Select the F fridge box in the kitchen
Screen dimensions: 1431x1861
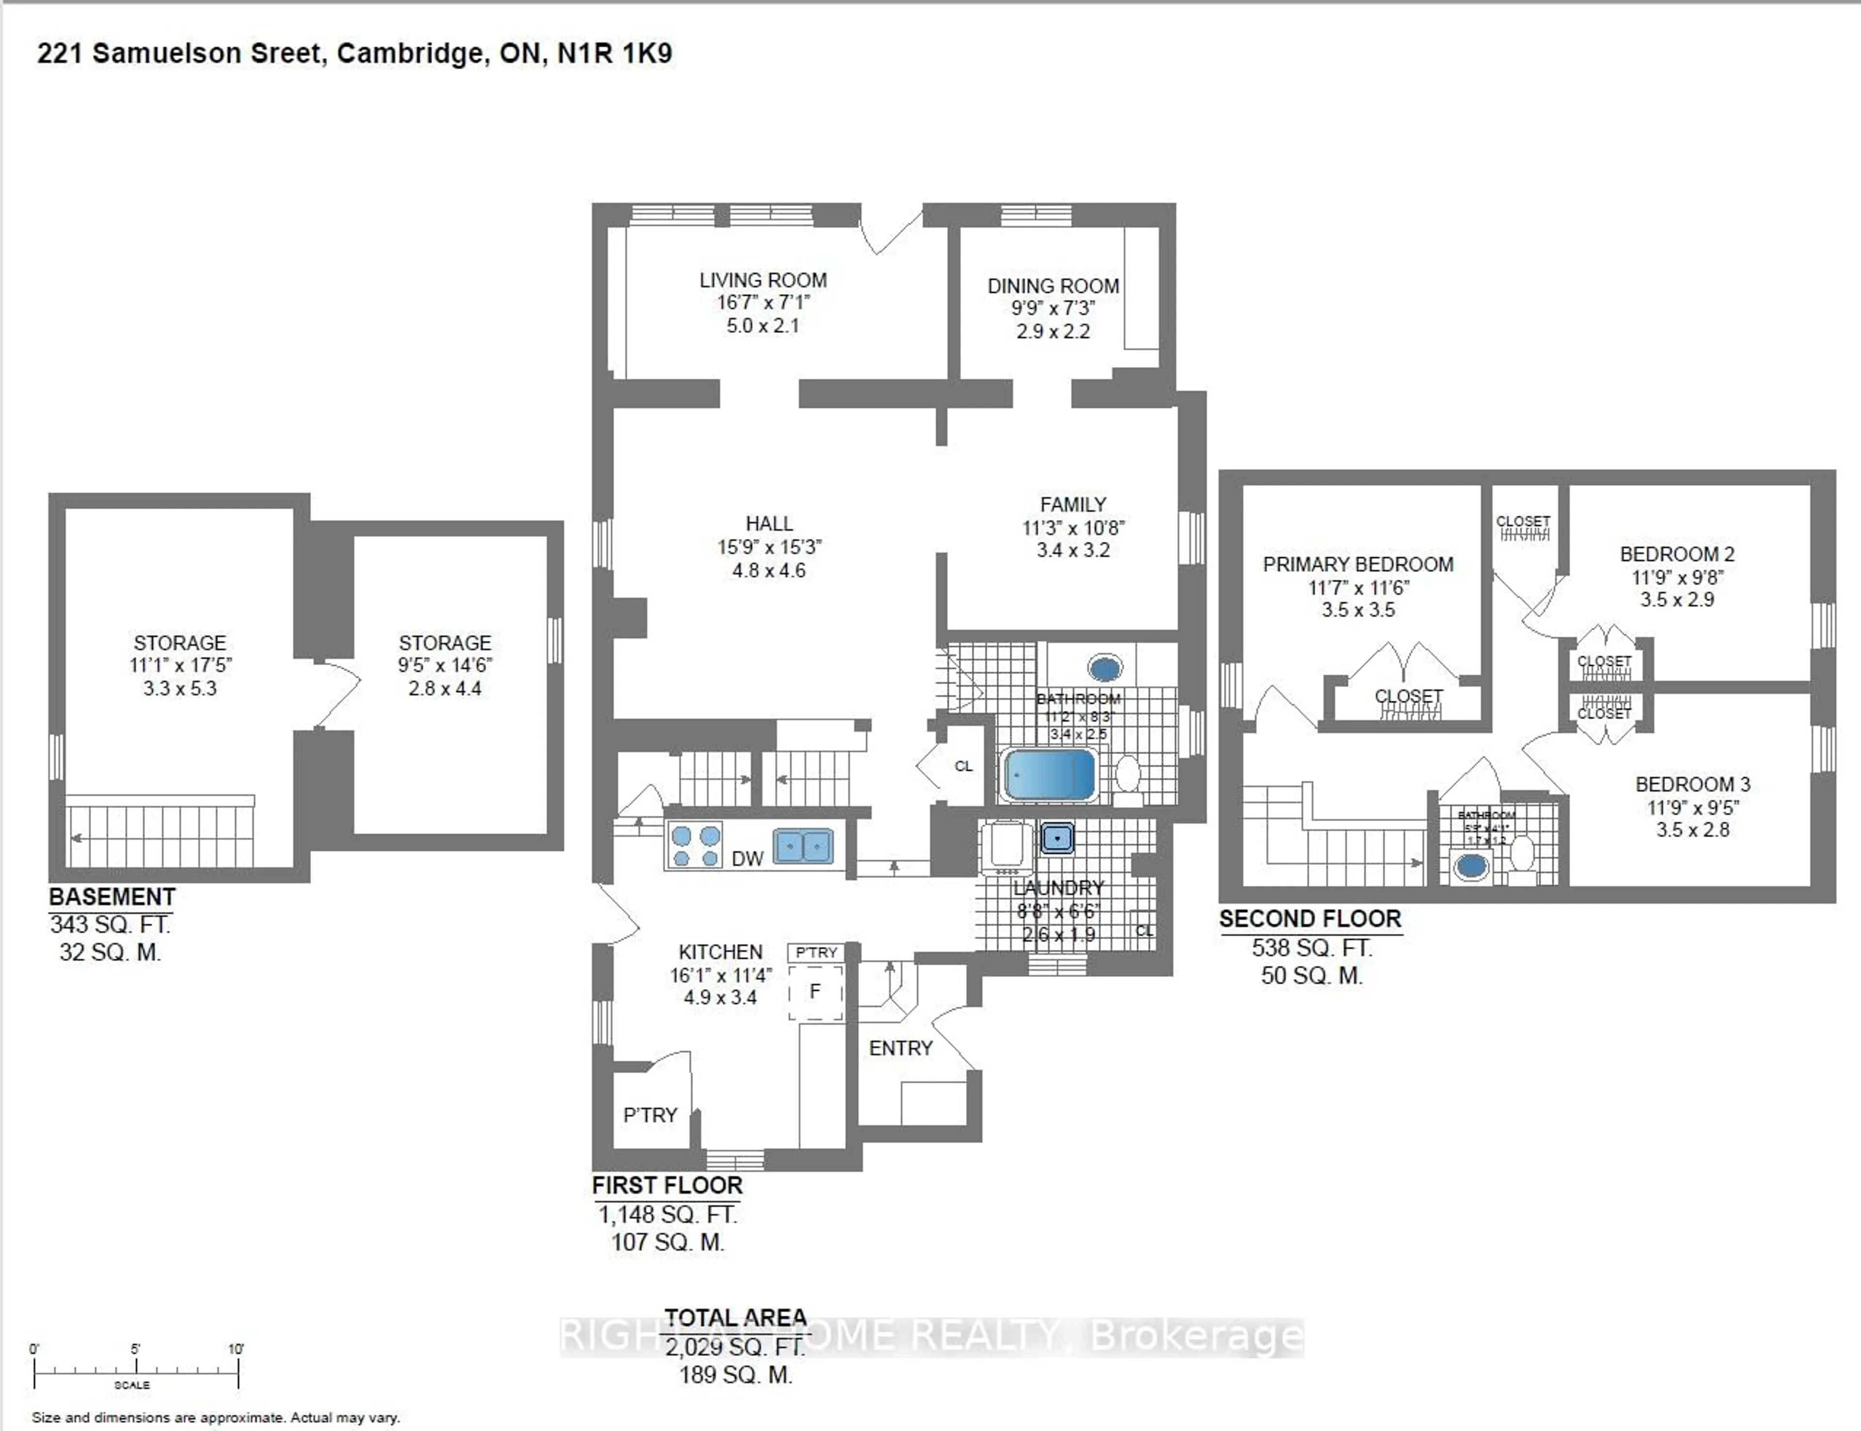tap(815, 991)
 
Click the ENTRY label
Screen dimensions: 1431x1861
tap(900, 1049)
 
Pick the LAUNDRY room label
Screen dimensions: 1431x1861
tap(1058, 888)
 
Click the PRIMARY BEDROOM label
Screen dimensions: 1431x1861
tap(1357, 565)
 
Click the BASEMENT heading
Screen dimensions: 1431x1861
tap(111, 897)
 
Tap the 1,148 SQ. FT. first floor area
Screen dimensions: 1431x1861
tap(667, 1215)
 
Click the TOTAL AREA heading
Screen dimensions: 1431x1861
tap(735, 1318)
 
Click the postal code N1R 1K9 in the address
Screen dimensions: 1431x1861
tap(614, 54)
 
